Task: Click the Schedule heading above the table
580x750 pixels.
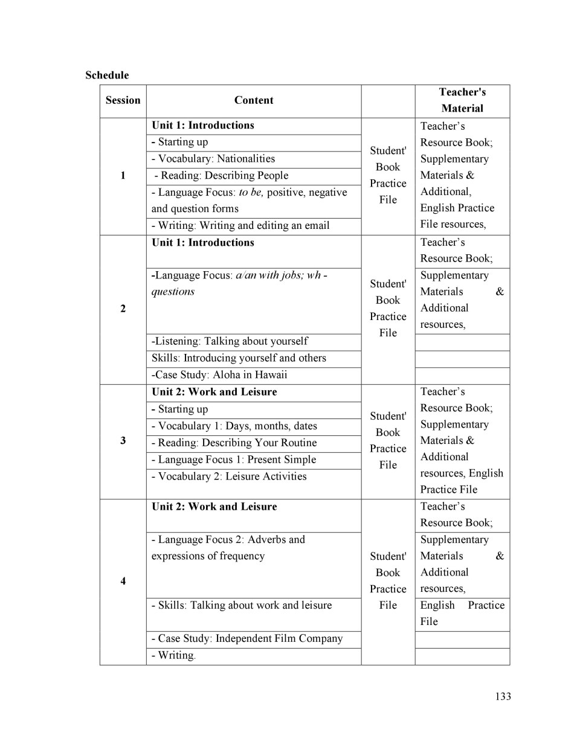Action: tap(107, 75)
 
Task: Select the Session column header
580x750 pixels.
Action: tap(123, 100)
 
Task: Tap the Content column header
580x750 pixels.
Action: tap(254, 100)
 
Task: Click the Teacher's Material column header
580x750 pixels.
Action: tap(462, 100)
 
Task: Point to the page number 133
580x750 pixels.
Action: tap(503, 696)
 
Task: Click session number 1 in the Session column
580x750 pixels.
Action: tap(123, 176)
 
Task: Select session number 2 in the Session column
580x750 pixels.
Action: tap(123, 309)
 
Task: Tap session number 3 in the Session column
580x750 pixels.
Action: tap(123, 440)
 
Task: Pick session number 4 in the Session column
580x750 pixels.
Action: tap(123, 581)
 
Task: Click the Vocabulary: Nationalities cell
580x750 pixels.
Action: tap(213, 159)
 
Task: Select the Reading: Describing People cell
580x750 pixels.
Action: tap(221, 176)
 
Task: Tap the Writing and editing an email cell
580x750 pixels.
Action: tap(240, 226)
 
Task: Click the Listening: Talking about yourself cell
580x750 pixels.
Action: tap(230, 341)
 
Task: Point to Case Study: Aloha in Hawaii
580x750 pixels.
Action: tap(219, 375)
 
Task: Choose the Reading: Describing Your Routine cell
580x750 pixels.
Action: tap(234, 443)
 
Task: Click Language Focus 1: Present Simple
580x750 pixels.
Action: tap(234, 460)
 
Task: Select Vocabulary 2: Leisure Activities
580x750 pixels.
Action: tap(229, 476)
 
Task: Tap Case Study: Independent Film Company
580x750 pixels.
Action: tap(247, 639)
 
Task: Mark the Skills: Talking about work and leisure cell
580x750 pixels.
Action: tap(242, 606)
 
